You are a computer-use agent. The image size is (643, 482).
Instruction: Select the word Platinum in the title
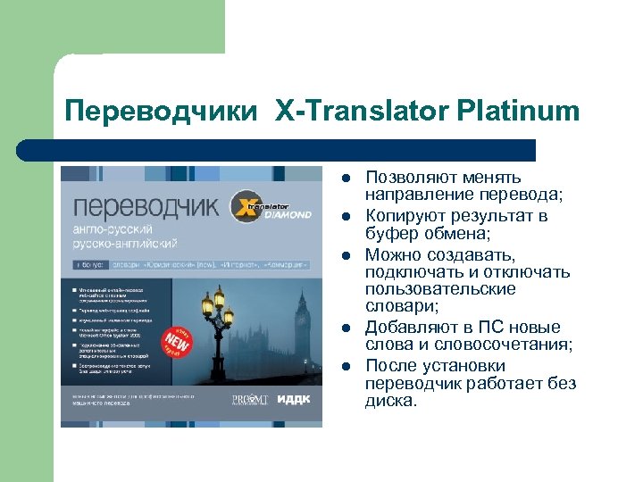(519, 112)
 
